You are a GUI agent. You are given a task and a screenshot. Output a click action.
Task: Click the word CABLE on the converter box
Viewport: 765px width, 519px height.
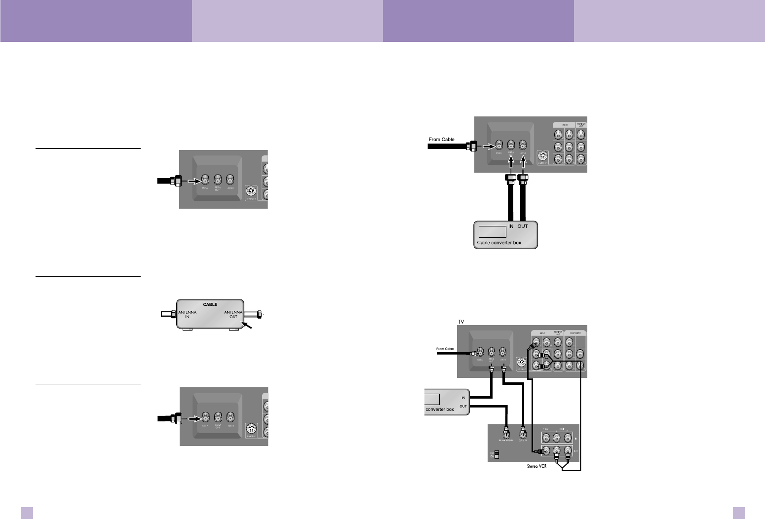pos(210,304)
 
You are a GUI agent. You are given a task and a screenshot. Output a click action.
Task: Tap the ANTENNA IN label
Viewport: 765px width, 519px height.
pos(187,315)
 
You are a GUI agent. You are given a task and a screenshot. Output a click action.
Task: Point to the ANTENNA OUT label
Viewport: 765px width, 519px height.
pos(233,315)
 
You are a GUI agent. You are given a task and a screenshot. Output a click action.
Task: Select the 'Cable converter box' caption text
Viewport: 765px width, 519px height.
pos(499,243)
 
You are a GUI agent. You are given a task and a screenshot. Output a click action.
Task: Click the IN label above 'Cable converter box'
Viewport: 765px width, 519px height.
pos(511,226)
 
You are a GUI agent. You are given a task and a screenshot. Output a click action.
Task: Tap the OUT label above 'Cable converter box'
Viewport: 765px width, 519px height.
pos(523,226)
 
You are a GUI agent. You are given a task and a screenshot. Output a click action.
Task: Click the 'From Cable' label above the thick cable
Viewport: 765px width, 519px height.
pos(441,140)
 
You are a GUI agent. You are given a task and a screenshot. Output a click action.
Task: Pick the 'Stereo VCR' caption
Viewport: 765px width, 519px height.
pos(536,466)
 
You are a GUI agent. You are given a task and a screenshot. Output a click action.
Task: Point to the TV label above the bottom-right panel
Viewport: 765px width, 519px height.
pos(461,321)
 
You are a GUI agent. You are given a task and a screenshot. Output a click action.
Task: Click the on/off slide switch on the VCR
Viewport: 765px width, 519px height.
pos(497,454)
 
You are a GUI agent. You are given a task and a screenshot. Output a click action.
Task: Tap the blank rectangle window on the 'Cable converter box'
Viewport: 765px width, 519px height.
pos(493,231)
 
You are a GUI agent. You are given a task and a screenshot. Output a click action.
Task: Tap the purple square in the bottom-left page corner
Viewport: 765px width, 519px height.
pos(27,513)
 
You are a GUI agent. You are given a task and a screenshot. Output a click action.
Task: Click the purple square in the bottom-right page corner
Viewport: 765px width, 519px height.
pos(739,513)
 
